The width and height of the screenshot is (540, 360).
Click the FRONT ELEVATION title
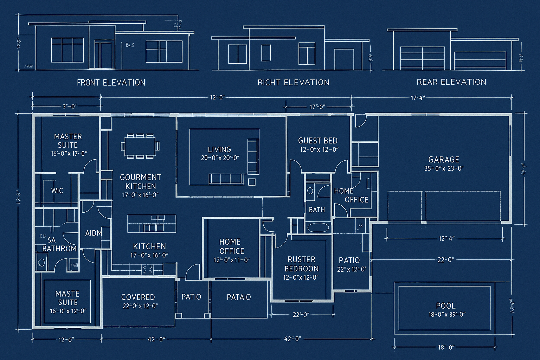(x=111, y=83)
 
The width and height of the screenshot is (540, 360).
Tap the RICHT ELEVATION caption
(x=294, y=83)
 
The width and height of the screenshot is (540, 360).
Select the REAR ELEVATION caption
(x=451, y=82)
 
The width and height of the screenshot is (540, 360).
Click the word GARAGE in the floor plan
(x=444, y=159)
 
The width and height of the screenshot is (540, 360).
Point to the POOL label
(x=446, y=306)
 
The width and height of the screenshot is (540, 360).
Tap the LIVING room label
(x=219, y=149)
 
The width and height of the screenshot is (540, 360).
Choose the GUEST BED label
(x=318, y=141)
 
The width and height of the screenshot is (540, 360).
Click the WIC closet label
(x=57, y=191)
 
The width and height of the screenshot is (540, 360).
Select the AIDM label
(x=94, y=233)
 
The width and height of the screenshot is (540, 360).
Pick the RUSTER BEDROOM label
(x=301, y=264)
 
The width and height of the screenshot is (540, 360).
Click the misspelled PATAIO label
(x=239, y=297)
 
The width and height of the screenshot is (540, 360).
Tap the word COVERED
(x=138, y=297)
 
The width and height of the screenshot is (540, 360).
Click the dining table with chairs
(x=140, y=146)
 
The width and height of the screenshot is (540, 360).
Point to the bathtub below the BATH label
(x=318, y=227)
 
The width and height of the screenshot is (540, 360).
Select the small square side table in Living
(x=252, y=182)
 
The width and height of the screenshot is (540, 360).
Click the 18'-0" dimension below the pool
(x=446, y=347)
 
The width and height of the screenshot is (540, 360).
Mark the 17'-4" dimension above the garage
(x=418, y=98)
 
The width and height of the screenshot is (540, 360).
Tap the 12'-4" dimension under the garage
(x=447, y=239)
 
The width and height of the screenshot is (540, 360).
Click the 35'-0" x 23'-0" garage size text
(x=444, y=168)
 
